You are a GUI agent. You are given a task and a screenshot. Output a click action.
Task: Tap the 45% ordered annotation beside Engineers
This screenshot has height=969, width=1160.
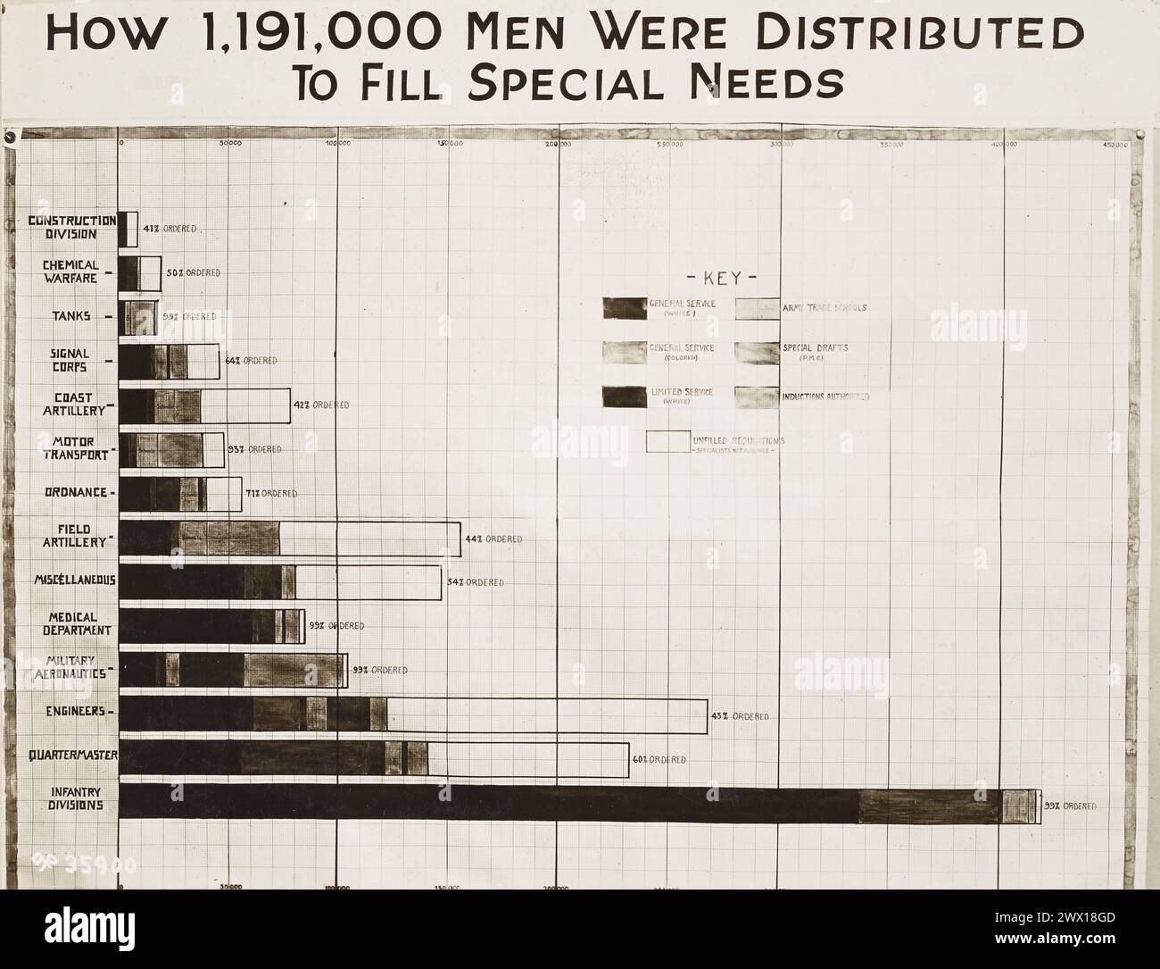[x=739, y=716]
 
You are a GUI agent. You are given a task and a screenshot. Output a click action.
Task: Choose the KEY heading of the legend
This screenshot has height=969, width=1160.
[x=722, y=277]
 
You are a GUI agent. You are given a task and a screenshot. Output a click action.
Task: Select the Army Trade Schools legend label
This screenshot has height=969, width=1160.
[x=824, y=308]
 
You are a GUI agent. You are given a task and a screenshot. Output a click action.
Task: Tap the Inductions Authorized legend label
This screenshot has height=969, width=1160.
[x=825, y=397]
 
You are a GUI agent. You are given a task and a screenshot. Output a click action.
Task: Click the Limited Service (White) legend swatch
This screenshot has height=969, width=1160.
[x=625, y=397]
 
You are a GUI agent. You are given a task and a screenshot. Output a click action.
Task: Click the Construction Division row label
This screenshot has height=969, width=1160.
[x=72, y=227]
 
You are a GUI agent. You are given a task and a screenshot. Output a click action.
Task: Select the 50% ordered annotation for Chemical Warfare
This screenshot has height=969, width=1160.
[x=193, y=272]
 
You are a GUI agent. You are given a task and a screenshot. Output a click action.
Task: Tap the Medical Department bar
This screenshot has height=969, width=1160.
[x=211, y=626]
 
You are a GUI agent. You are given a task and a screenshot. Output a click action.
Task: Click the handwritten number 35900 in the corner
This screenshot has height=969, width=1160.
[x=84, y=863]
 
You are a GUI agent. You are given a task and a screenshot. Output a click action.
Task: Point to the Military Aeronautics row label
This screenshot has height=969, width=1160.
[x=73, y=667]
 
